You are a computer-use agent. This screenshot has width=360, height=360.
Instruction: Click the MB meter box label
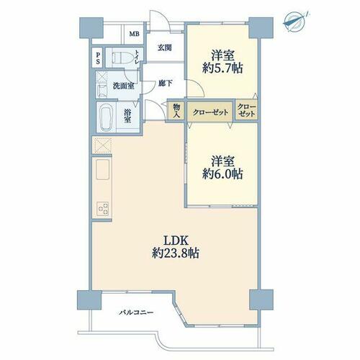pos(134,34)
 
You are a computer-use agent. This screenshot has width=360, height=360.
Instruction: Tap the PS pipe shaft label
pos(98,58)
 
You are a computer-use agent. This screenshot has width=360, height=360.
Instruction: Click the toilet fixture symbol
pos(122,58)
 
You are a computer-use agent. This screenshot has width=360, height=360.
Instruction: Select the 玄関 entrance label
pos(165,48)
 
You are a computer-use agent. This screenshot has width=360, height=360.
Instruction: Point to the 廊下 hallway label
pos(165,84)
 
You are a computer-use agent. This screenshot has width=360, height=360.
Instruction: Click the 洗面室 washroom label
pos(123,86)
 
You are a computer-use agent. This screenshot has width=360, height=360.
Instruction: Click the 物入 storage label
pos(176,111)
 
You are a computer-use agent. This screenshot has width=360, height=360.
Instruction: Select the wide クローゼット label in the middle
pos(210,112)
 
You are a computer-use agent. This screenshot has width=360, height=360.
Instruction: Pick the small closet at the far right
pos(247,111)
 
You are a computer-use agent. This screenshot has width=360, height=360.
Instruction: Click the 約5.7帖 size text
pos(222,68)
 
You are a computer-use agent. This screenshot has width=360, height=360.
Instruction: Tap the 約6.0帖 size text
pos(222,174)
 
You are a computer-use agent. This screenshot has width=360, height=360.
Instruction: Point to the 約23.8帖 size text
pos(176,253)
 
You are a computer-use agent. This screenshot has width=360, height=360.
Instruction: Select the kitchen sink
pos(103,169)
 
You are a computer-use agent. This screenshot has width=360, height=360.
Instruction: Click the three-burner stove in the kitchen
pos(103,209)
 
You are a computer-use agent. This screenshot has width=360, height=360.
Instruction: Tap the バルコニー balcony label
pos(136,313)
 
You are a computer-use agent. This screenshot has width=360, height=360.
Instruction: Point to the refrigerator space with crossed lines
pos(102,145)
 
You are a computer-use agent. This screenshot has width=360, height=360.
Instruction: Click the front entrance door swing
pos(160,21)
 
